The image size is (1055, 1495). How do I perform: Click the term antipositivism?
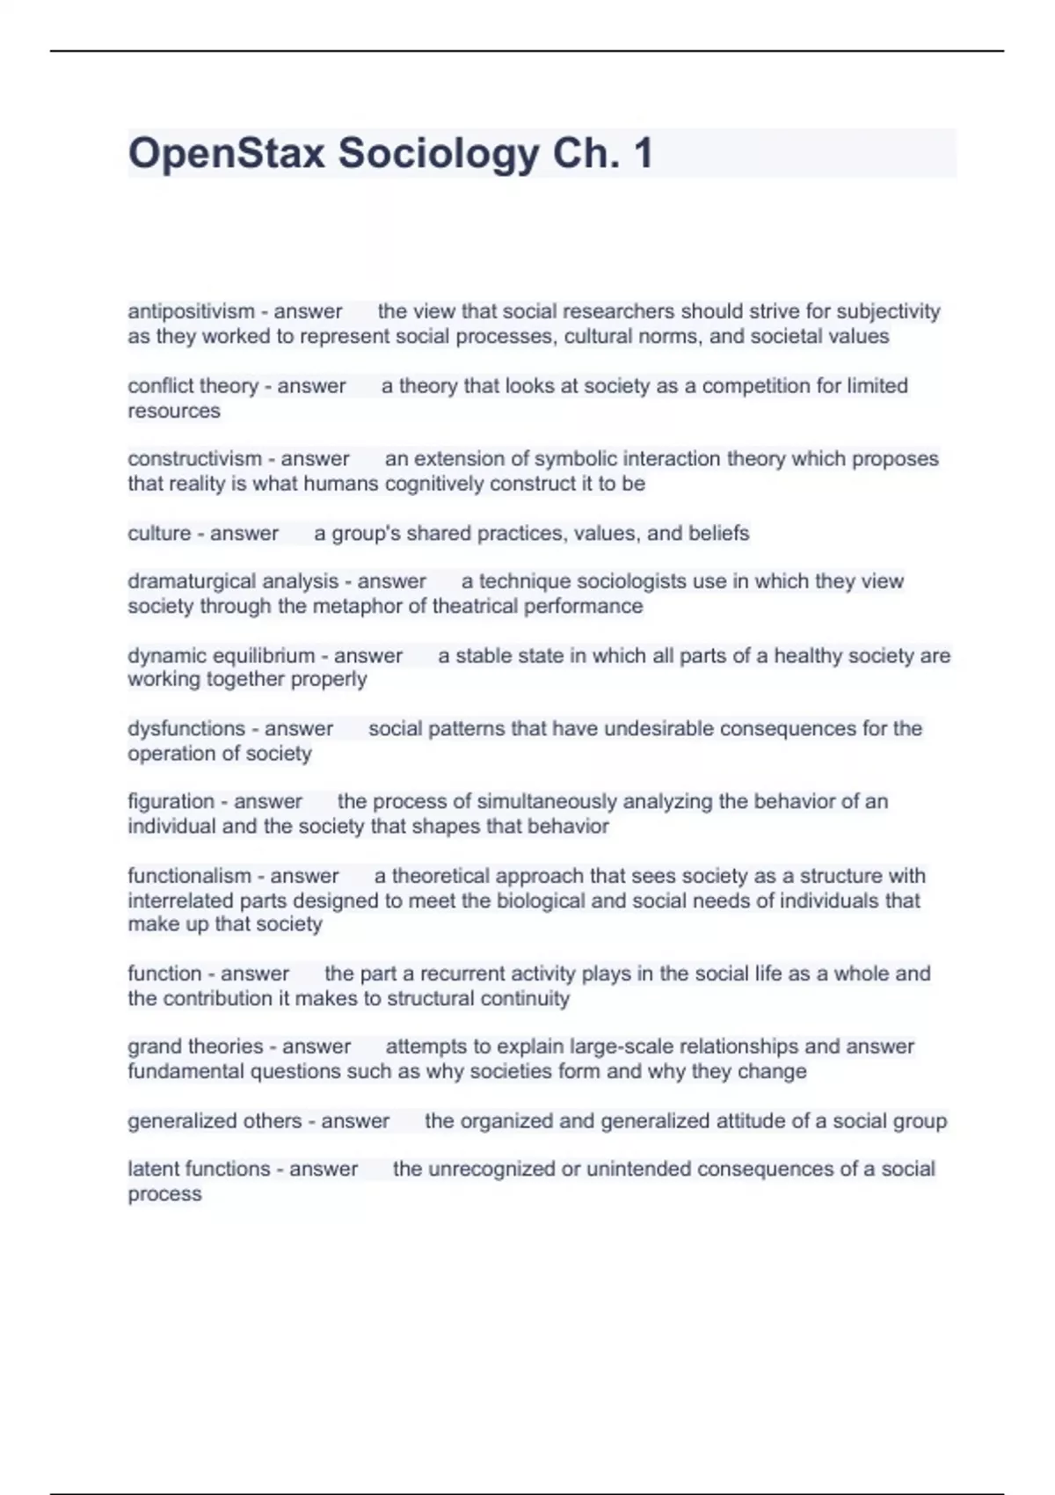pyautogui.click(x=191, y=311)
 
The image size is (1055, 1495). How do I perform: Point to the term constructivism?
pyautogui.click(x=194, y=459)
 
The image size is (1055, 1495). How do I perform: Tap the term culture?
pyautogui.click(x=159, y=533)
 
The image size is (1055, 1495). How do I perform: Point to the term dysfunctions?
pyautogui.click(x=186, y=729)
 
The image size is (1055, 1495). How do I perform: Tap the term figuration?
pyautogui.click(x=171, y=802)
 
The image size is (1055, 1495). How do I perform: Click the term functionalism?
pyautogui.click(x=189, y=876)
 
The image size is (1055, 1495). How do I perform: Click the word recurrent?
pyautogui.click(x=460, y=974)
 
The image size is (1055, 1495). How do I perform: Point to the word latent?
pyautogui.click(x=154, y=1169)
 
